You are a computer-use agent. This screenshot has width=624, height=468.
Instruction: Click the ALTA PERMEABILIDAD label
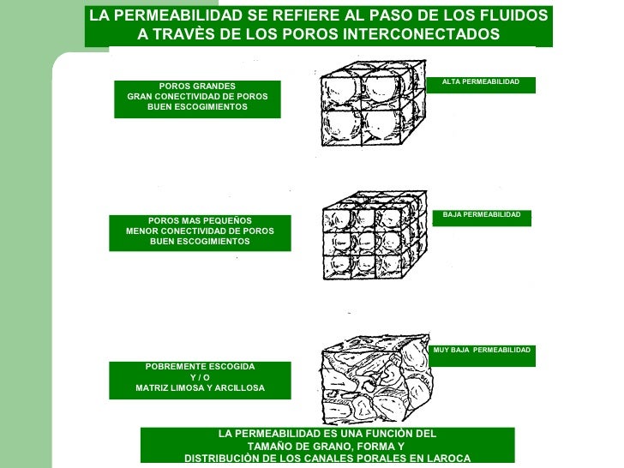(x=481, y=81)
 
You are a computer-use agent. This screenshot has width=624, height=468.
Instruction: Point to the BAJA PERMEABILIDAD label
(x=482, y=214)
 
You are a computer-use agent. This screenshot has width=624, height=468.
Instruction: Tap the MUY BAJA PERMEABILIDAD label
(x=483, y=351)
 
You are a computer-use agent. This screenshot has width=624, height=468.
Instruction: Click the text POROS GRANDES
(x=197, y=86)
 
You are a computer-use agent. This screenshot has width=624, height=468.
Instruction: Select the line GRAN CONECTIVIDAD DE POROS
(x=197, y=96)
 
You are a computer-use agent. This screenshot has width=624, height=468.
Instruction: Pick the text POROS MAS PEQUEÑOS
(x=200, y=220)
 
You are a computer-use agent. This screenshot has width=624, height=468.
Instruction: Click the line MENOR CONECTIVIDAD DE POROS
(x=200, y=231)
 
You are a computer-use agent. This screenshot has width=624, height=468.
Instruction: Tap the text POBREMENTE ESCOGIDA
(x=200, y=366)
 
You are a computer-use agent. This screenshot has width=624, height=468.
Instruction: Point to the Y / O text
(x=200, y=377)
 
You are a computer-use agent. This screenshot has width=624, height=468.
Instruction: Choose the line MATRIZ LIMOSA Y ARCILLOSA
(x=200, y=388)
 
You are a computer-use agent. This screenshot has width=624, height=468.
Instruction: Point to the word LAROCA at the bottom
(x=446, y=459)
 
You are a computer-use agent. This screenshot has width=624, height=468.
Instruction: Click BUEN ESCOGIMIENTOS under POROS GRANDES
(x=197, y=107)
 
